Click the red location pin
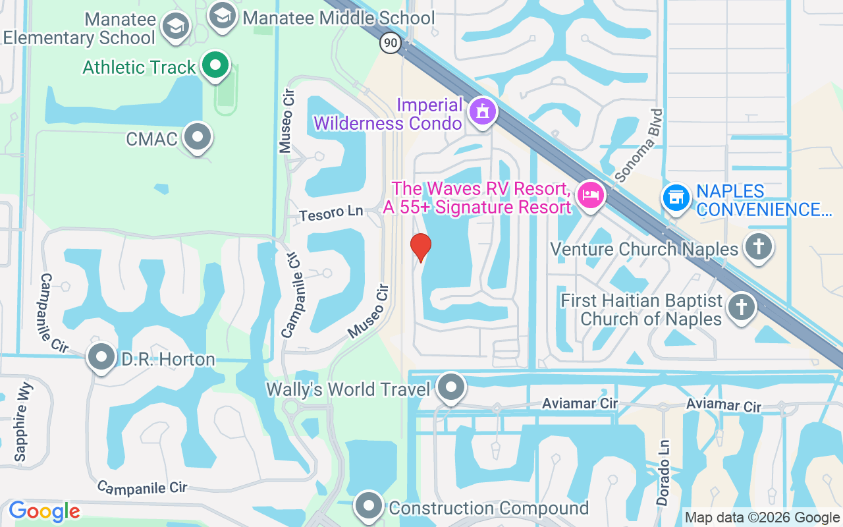(421, 248)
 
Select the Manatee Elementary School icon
(177, 27)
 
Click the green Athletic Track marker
(215, 65)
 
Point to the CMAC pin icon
(197, 137)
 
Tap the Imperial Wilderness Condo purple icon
(483, 111)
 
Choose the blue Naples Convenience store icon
(676, 196)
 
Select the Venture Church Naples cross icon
(758, 248)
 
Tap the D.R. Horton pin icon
(101, 357)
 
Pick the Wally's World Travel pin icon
(451, 387)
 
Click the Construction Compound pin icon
(369, 506)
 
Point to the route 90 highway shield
(391, 43)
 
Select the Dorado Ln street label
(664, 472)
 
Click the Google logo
(44, 511)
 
